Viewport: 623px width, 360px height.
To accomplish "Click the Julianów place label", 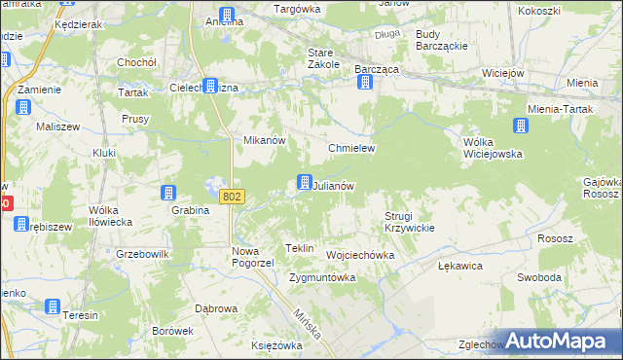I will click(334, 185).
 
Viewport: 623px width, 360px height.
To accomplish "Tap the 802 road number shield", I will click(231, 197).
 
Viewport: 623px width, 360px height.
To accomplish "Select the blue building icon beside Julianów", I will click(305, 182).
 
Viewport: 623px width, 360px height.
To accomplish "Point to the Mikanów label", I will click(263, 140).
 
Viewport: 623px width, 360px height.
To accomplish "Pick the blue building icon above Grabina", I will click(168, 193).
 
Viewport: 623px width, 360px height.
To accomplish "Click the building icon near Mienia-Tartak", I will click(521, 126).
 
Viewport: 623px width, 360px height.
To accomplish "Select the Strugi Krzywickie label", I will click(409, 221).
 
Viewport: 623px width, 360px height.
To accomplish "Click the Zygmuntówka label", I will click(322, 277).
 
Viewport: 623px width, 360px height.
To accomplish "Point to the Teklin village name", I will click(299, 248).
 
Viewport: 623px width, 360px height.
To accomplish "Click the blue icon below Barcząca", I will click(365, 83).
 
